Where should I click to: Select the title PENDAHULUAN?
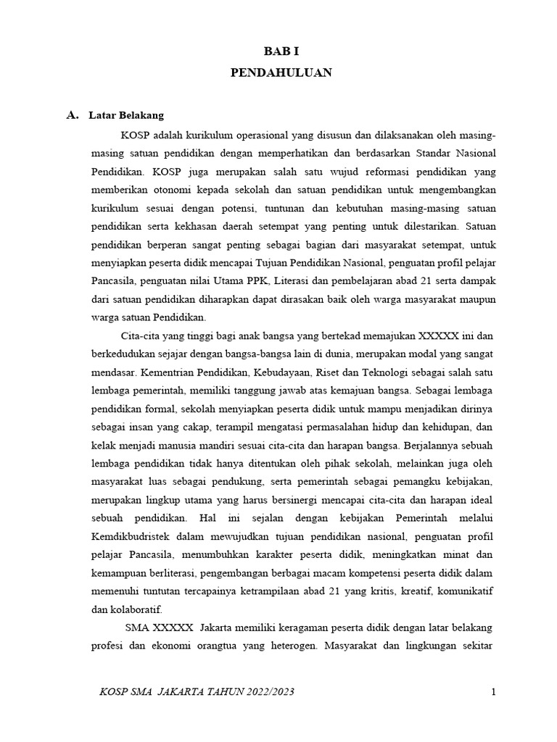point(281,72)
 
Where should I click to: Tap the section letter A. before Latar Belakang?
point(71,115)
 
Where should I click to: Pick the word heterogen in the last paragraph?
point(286,646)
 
